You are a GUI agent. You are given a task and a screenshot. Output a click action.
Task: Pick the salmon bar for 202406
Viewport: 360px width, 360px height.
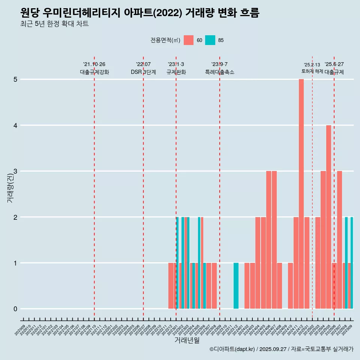pyautogui.click(x=268, y=240)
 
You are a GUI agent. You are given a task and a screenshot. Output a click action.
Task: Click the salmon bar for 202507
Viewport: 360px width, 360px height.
pyautogui.click(x=339, y=240)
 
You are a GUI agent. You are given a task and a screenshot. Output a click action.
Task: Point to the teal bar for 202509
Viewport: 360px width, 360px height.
pyautogui.click(x=352, y=262)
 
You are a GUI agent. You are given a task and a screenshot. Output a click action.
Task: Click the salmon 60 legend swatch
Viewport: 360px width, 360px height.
pyautogui.click(x=189, y=40)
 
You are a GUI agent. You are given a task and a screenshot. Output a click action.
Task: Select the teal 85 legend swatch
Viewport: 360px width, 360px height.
pyautogui.click(x=210, y=40)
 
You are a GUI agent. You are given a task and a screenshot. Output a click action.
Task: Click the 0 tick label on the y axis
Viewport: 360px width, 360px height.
pyautogui.click(x=15, y=309)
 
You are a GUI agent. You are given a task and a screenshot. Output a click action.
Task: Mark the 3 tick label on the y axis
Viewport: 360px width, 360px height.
pyautogui.click(x=15, y=171)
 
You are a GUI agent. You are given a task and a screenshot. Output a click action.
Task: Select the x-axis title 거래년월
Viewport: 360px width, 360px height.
pyautogui.click(x=187, y=340)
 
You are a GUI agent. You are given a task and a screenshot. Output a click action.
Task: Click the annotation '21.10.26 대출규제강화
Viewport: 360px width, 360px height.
pyautogui.click(x=94, y=68)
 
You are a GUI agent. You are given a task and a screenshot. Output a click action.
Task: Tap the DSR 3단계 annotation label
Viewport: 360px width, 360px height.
pyautogui.click(x=143, y=72)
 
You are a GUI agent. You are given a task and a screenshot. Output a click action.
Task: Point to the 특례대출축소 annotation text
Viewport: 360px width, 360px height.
pyautogui.click(x=219, y=72)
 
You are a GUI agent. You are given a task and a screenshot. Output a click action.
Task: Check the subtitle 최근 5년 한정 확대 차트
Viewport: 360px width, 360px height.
pyautogui.click(x=55, y=24)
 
